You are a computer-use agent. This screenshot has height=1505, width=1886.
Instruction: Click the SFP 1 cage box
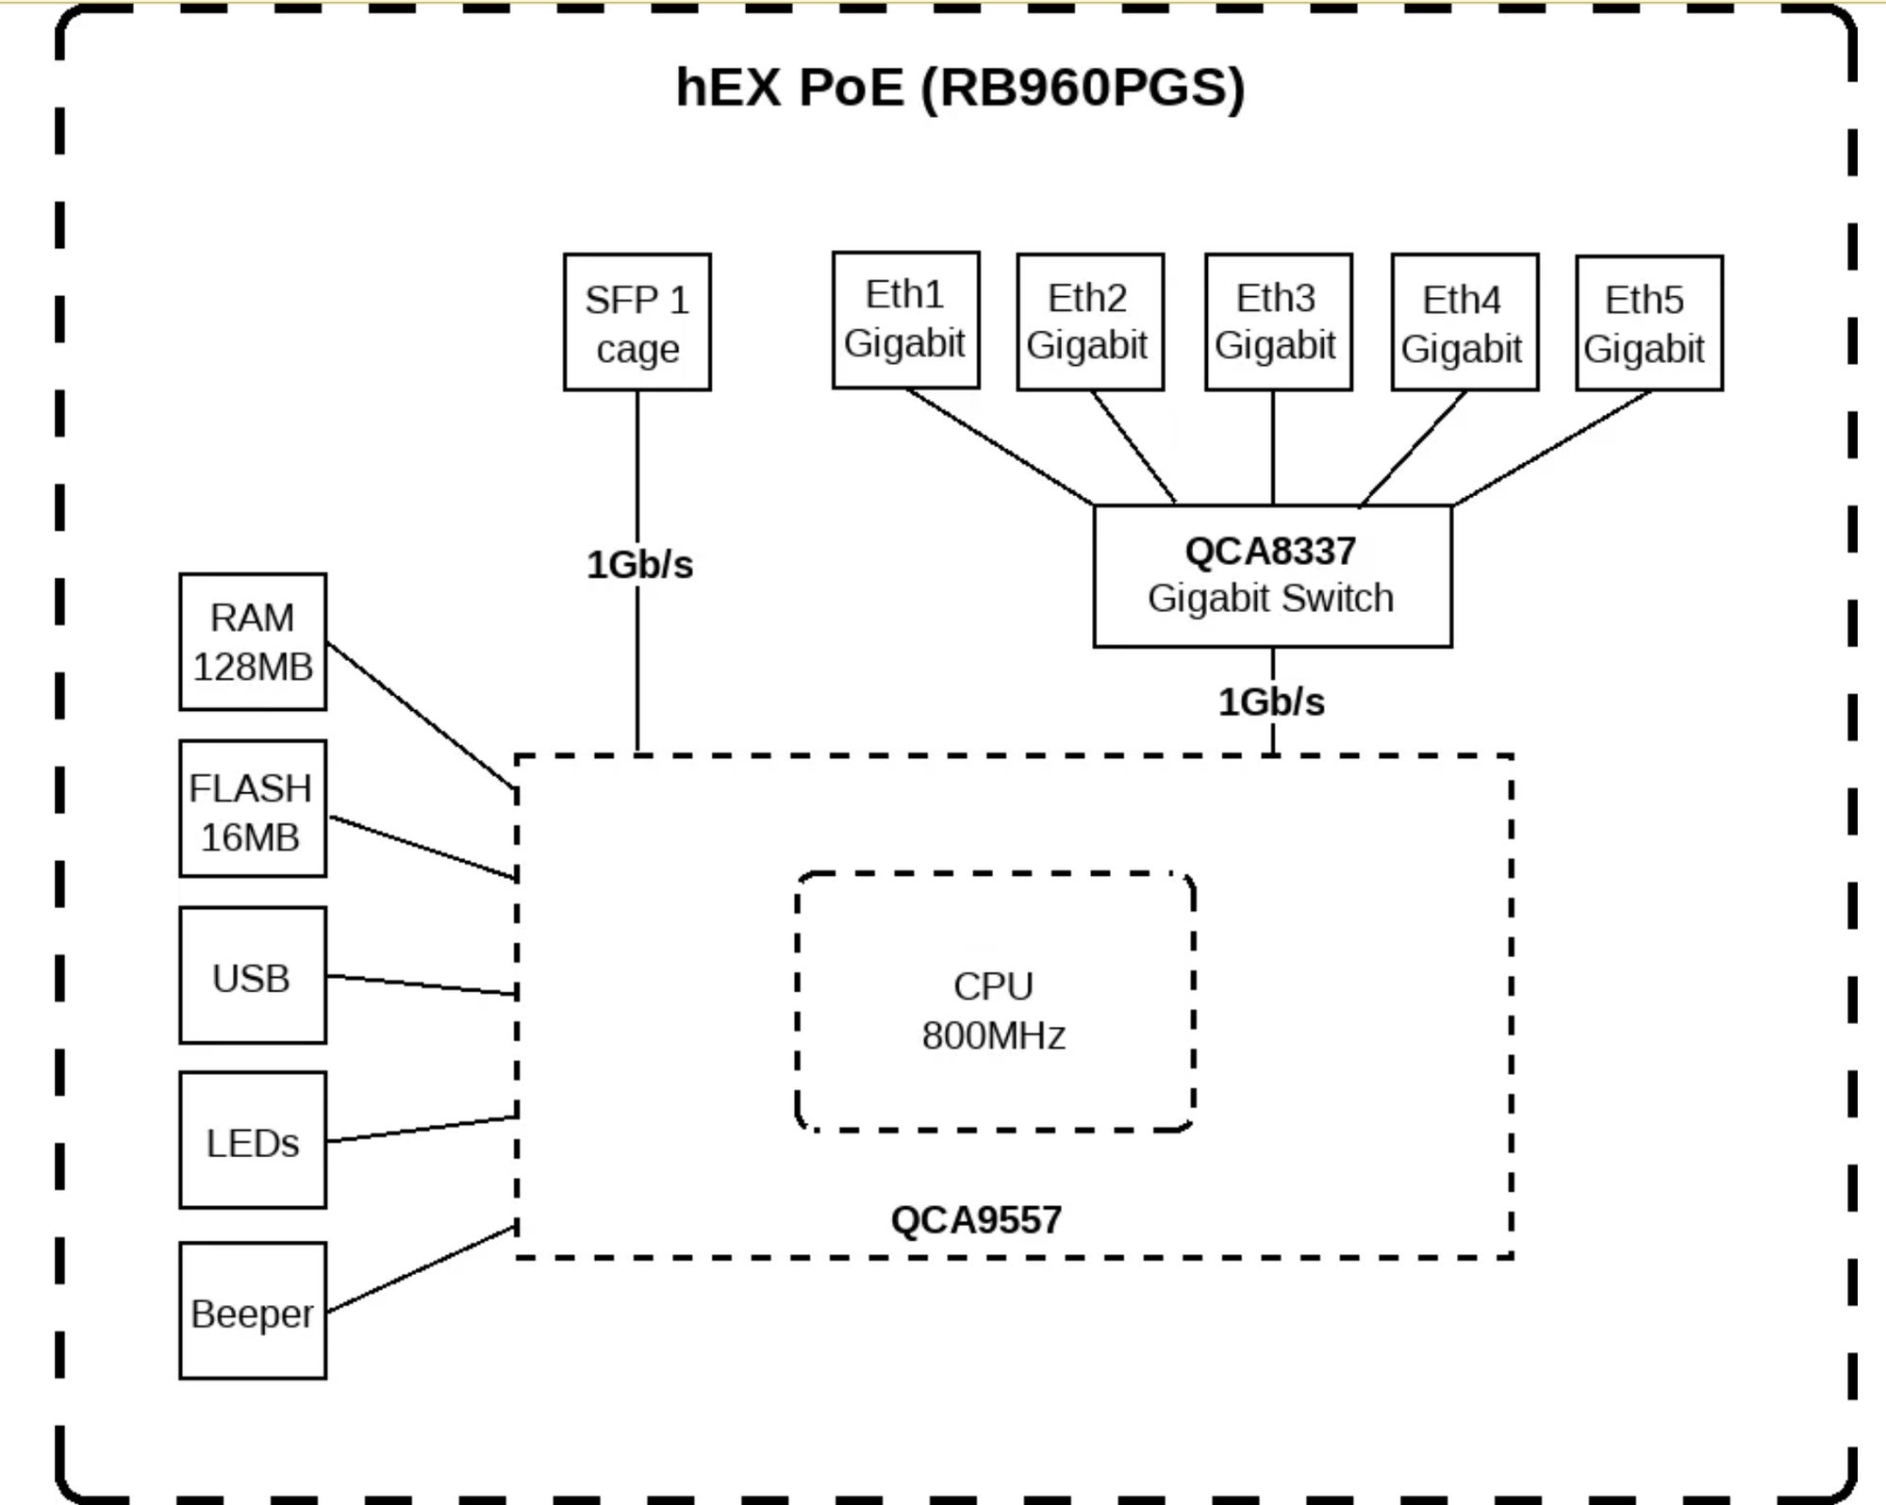point(637,322)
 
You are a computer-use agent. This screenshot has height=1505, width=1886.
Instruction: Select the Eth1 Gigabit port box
point(905,320)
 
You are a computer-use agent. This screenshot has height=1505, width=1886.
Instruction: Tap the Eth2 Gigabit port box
point(1089,322)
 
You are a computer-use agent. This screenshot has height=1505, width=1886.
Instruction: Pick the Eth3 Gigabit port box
point(1278,322)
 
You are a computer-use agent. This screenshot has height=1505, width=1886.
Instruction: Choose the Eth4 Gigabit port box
point(1464,322)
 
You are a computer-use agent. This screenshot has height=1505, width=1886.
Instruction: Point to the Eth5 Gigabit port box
point(1648,322)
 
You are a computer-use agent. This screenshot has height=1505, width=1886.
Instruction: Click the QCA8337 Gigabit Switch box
point(1272,575)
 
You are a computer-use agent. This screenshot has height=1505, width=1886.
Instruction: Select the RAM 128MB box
point(253,641)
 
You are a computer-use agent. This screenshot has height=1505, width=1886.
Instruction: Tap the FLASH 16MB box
point(253,809)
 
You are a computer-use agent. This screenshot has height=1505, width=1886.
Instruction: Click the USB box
point(253,976)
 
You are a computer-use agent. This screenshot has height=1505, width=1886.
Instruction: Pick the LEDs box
point(253,1140)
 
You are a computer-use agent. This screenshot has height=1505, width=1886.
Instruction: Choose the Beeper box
point(253,1311)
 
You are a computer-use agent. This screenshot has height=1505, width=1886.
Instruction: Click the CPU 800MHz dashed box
point(995,1002)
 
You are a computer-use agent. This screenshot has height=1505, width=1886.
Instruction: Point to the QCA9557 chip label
point(976,1220)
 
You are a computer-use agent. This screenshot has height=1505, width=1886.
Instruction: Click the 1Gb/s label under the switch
point(1271,703)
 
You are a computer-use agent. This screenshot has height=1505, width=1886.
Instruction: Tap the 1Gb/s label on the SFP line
point(639,565)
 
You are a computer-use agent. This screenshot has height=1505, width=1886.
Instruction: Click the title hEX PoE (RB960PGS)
point(960,88)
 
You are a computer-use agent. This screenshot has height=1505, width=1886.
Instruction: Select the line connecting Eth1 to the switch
point(1000,447)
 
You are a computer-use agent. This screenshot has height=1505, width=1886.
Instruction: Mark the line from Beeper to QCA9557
point(422,1269)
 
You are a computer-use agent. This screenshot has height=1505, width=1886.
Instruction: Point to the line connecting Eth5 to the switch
point(1551,449)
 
